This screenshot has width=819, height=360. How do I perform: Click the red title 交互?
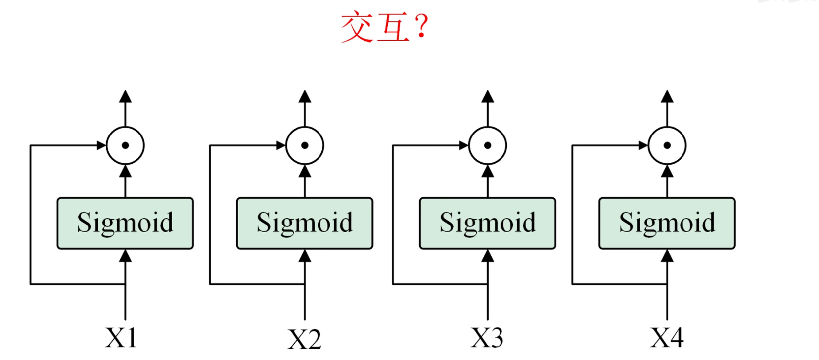pyautogui.click(x=384, y=27)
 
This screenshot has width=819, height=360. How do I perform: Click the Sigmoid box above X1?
pyautogui.click(x=125, y=224)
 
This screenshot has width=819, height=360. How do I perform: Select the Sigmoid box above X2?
pyautogui.click(x=305, y=224)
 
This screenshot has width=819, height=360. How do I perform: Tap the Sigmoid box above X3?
pyautogui.click(x=487, y=224)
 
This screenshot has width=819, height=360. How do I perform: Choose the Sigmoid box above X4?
pyautogui.click(x=667, y=224)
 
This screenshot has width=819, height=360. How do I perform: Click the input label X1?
pyautogui.click(x=121, y=337)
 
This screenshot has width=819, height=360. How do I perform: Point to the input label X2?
pyautogui.click(x=304, y=339)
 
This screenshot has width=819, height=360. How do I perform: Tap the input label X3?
pyautogui.click(x=487, y=337)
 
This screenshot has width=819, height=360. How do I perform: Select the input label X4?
pyautogui.click(x=667, y=337)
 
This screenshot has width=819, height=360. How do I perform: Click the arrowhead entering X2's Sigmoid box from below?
pyautogui.click(x=305, y=256)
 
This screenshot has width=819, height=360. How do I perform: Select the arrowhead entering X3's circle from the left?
pyautogui.click(x=463, y=145)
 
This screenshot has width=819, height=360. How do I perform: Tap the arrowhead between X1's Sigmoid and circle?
pyautogui.click(x=125, y=171)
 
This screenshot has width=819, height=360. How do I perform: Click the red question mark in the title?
pyautogui.click(x=421, y=26)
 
